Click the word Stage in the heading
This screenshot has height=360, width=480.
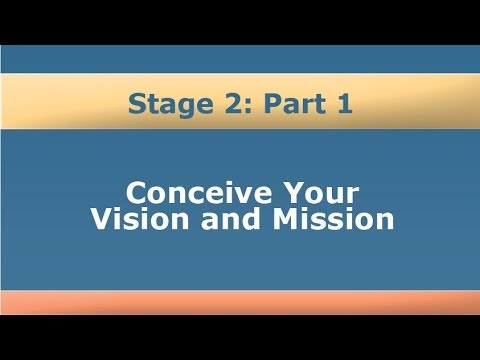164,104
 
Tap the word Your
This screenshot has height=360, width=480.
321,191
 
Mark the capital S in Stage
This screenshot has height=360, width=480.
136,104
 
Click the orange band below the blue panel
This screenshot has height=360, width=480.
240,303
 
